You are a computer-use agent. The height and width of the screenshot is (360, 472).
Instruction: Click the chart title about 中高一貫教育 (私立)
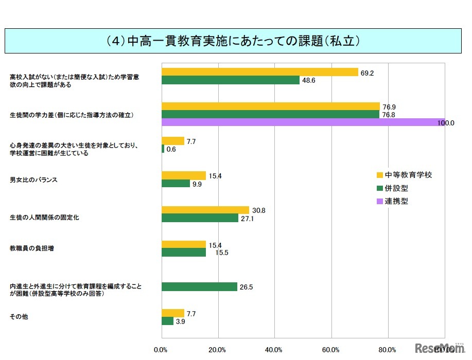[236, 41]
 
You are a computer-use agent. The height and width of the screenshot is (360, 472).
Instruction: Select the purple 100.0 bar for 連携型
[303, 122]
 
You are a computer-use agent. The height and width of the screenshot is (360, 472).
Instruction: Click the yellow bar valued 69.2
[260, 72]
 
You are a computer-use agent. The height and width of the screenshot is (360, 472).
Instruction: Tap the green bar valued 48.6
[231, 80]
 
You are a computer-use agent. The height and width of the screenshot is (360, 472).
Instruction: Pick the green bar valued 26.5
[199, 286]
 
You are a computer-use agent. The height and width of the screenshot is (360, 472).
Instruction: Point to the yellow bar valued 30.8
[205, 210]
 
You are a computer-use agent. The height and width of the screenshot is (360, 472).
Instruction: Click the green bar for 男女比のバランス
[176, 184]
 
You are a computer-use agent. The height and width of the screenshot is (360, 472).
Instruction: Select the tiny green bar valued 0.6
[163, 149]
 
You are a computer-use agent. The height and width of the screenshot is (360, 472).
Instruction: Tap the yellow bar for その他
[173, 313]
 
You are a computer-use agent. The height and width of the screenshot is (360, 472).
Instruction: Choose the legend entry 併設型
[396, 188]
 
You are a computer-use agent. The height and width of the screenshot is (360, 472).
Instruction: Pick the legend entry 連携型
[396, 202]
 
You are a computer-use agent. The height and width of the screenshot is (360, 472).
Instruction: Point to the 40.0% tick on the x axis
[274, 350]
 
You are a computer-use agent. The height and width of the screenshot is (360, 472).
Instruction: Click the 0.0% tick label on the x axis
[161, 350]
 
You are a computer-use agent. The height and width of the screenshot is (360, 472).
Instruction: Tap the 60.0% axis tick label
[330, 350]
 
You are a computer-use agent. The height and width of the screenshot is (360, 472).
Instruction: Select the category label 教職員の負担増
[32, 248]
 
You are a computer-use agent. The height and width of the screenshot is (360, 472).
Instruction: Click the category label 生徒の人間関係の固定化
[44, 218]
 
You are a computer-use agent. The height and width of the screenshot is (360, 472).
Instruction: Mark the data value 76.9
[389, 107]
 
